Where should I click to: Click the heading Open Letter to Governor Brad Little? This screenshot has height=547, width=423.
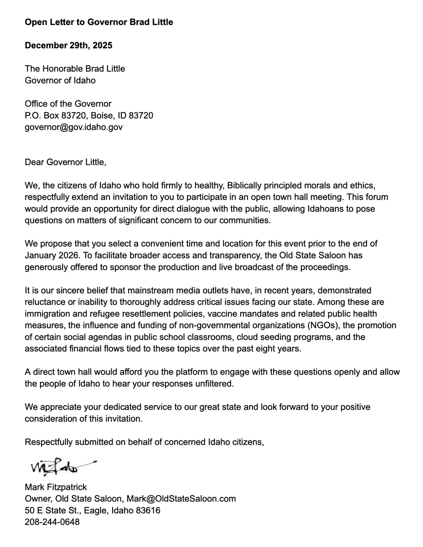pyautogui.click(x=99, y=22)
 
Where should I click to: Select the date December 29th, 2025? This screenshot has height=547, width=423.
pyautogui.click(x=68, y=46)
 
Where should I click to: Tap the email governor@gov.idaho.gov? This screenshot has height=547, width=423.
pyautogui.click(x=73, y=127)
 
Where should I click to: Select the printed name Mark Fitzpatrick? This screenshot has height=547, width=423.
pyautogui.click(x=56, y=487)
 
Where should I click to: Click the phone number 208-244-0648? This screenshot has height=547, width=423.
pyautogui.click(x=52, y=522)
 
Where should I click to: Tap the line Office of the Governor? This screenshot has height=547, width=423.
pyautogui.click(x=68, y=104)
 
